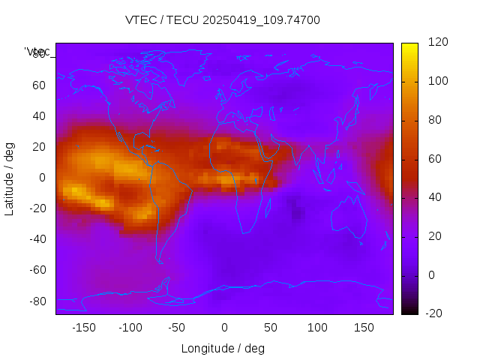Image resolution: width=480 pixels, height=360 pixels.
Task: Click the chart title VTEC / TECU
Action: (x=223, y=20)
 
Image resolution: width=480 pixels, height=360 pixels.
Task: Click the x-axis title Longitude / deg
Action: (x=223, y=348)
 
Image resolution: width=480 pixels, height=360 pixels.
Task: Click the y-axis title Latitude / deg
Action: (x=10, y=178)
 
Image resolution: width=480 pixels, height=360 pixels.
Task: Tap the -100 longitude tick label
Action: (x=130, y=327)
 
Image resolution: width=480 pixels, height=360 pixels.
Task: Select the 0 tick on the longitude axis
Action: (x=224, y=327)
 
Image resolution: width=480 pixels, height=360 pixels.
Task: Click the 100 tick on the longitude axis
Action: (x=318, y=327)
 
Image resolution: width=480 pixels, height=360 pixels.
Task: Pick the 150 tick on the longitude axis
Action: (x=364, y=327)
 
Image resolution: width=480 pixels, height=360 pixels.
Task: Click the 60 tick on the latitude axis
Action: (x=38, y=85)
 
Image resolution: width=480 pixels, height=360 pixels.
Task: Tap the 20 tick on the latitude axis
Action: (x=38, y=147)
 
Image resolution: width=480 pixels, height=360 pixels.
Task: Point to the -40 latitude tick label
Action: (x=36, y=239)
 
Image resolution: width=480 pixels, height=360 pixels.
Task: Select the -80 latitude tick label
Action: (x=36, y=301)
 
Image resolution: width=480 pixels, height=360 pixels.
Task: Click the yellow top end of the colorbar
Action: (x=409, y=46)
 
